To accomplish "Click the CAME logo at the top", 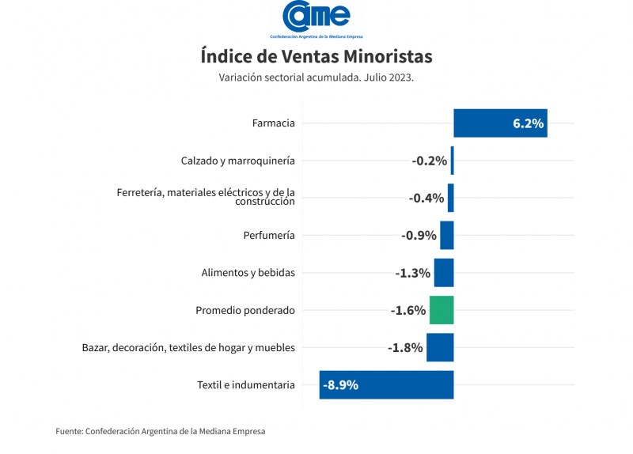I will pos(316,17).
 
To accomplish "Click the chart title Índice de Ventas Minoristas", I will pos(316,57).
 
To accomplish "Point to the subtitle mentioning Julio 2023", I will pos(316,78).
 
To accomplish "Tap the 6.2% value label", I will pos(528,123).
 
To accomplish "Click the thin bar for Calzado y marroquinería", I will pos(452,161).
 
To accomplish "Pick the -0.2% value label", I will pos(430,161).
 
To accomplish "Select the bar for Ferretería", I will pos(450,198).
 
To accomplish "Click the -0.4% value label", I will pos(426,198).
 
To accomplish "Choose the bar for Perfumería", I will pos(447,236).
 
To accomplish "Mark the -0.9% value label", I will pos(419,236).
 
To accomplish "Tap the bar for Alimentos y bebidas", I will pos(444,273).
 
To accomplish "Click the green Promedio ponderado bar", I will pos(442,310).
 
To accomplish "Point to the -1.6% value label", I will pos(408,310).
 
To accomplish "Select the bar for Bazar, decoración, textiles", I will pos(440,347).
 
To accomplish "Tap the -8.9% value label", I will pos(341,385).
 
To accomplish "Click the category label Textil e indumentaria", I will pos(245,385).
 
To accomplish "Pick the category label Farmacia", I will pos(273,123).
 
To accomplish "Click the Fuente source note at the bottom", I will pos(161,431).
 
